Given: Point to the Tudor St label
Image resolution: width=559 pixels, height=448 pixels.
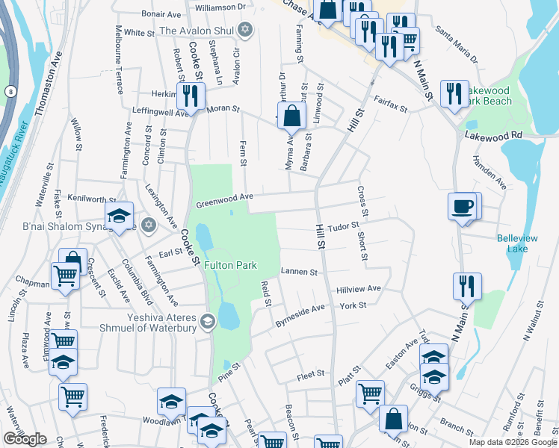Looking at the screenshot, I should [345, 225].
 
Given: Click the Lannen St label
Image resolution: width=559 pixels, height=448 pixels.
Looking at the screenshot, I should [300, 273].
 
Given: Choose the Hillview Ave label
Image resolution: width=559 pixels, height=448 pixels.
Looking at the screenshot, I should [359, 289].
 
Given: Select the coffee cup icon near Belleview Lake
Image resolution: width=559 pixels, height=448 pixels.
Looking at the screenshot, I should [463, 205].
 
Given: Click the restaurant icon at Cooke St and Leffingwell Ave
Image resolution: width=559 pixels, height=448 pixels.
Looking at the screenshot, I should [190, 96].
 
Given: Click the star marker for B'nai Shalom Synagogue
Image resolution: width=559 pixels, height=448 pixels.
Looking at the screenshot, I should [148, 225].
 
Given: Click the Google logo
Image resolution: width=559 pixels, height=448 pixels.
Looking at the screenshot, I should [25, 439].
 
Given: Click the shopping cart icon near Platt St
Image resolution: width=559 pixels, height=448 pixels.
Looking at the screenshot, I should [370, 393].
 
